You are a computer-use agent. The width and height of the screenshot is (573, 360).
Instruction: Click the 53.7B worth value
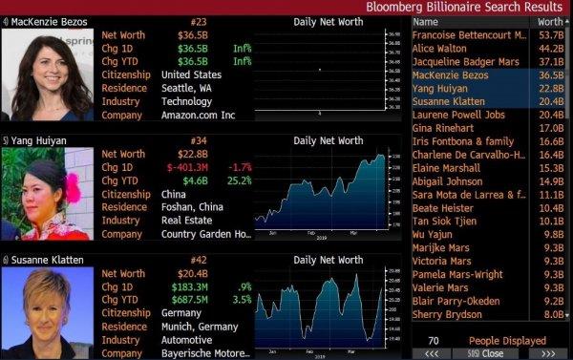[x=551, y=34]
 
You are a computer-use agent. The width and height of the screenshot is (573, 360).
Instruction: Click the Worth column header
[x=550, y=21]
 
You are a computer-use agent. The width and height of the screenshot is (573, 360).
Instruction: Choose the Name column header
[x=426, y=21]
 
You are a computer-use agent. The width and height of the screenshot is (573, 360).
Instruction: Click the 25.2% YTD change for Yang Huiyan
[x=238, y=180]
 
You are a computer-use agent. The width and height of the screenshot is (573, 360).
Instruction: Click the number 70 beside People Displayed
[x=434, y=340]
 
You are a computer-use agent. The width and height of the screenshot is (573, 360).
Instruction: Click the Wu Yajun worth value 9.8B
[x=553, y=233]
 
